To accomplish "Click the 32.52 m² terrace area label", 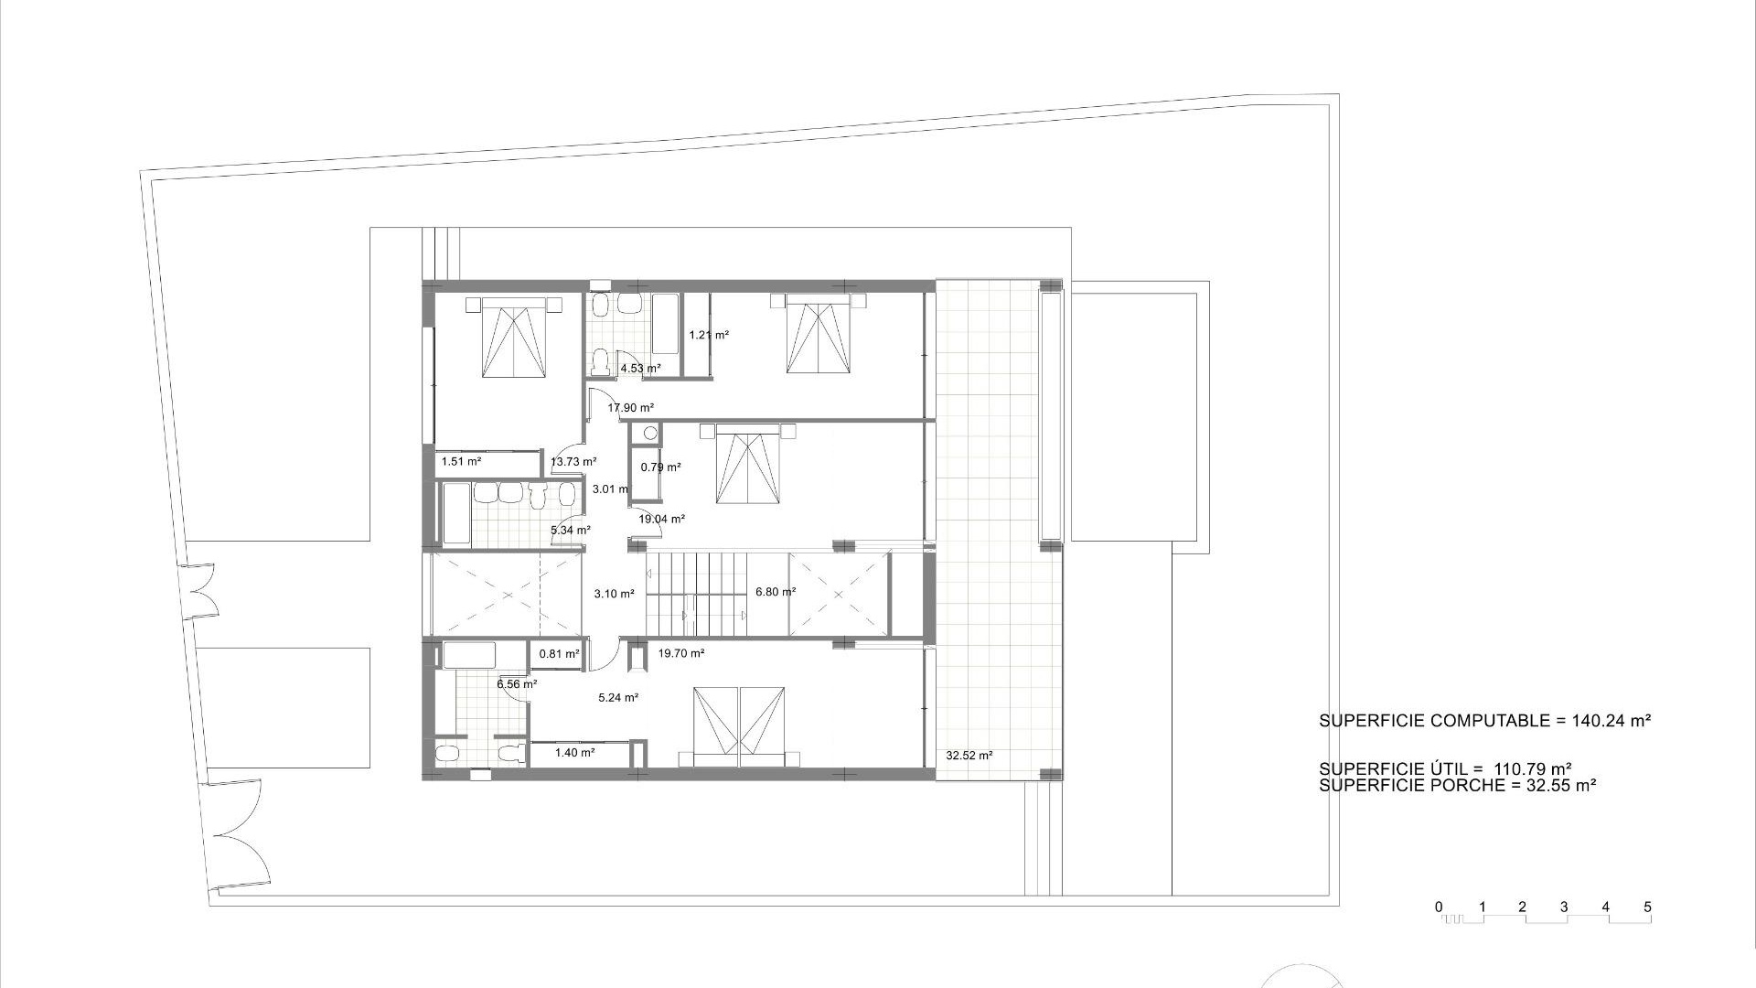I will pyautogui.click(x=969, y=756).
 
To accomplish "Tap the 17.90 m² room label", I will pyautogui.click(x=631, y=408).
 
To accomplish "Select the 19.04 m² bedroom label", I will pyautogui.click(x=661, y=520).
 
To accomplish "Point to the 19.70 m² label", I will pyautogui.click(x=681, y=653).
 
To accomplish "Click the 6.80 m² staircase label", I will pyautogui.click(x=776, y=592).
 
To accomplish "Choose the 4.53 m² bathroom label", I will pyautogui.click(x=640, y=369).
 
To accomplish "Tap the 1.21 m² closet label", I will pyautogui.click(x=709, y=335).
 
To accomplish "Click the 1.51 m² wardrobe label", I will pyautogui.click(x=462, y=462).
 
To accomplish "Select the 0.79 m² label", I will pyautogui.click(x=660, y=467).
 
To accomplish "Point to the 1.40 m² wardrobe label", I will pyautogui.click(x=575, y=753).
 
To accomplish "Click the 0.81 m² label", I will pyautogui.click(x=560, y=654).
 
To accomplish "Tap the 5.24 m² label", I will pyautogui.click(x=618, y=698).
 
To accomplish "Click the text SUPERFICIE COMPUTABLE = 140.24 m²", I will pyautogui.click(x=1484, y=721).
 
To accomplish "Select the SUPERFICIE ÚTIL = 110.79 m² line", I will pyautogui.click(x=1445, y=769).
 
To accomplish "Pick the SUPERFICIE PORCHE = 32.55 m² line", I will pyautogui.click(x=1458, y=785).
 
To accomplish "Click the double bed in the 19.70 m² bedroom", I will pyautogui.click(x=739, y=725).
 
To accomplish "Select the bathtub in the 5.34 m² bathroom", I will pyautogui.click(x=455, y=515).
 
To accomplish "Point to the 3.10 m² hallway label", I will pyautogui.click(x=614, y=594).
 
